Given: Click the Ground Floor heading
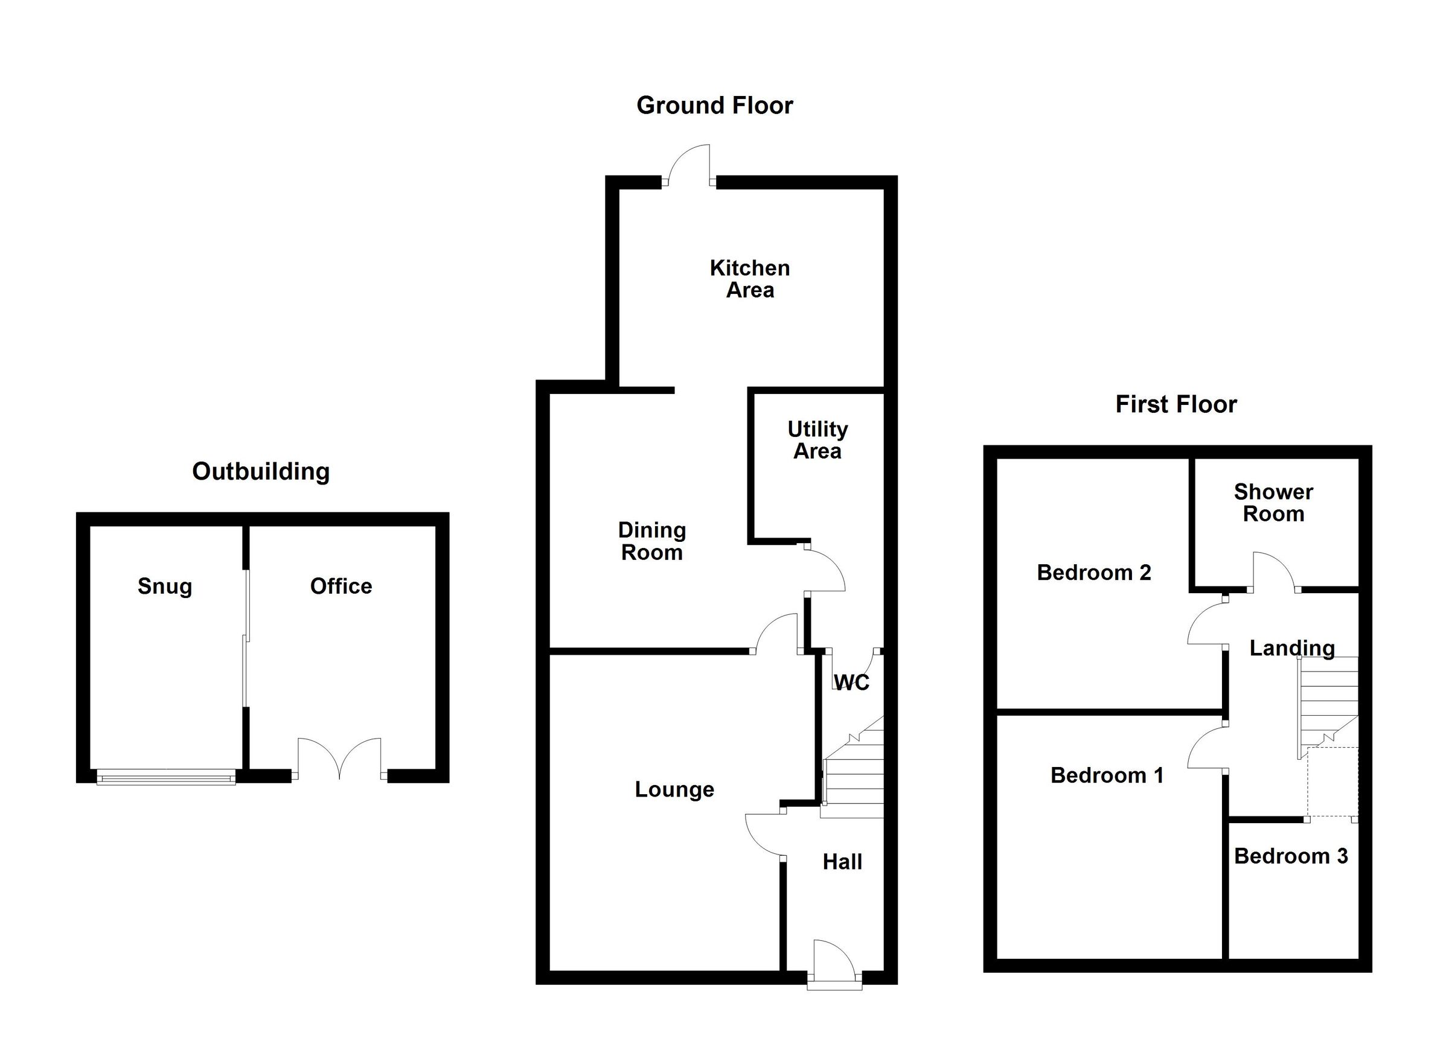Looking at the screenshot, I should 714,106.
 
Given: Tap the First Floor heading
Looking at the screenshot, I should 1176,404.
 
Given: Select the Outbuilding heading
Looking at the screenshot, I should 261,471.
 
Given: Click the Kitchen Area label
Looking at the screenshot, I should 749,279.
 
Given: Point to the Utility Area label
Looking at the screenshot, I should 817,440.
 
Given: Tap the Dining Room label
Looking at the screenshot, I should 651,541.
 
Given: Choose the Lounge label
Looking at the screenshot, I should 674,789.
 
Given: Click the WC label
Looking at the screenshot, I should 852,682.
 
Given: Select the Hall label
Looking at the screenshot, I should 842,862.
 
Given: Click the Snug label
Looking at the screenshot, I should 165,586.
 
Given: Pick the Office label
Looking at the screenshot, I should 341,586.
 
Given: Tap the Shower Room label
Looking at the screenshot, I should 1273,503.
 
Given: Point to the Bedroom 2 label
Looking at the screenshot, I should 1094,572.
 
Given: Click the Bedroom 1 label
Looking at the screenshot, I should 1107,775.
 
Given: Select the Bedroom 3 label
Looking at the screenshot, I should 1291,856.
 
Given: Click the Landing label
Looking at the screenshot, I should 1292,648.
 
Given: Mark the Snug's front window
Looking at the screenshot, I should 166,777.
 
